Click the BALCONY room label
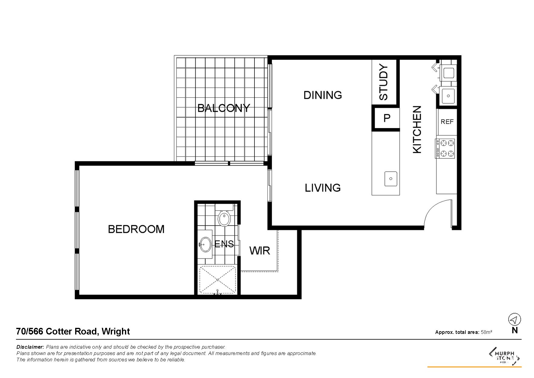click(224, 108)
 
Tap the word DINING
click(323, 95)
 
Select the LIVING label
click(323, 188)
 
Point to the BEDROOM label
click(136, 229)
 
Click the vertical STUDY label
click(383, 82)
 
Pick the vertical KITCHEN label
click(417, 129)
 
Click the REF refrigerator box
click(447, 121)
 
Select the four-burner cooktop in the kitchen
click(445, 148)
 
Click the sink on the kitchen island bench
click(391, 179)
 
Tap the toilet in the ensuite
click(224, 215)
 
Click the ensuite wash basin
click(206, 244)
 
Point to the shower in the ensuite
click(217, 280)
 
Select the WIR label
click(260, 250)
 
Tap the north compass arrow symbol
click(514, 319)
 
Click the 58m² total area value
click(487, 332)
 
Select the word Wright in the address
click(116, 331)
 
